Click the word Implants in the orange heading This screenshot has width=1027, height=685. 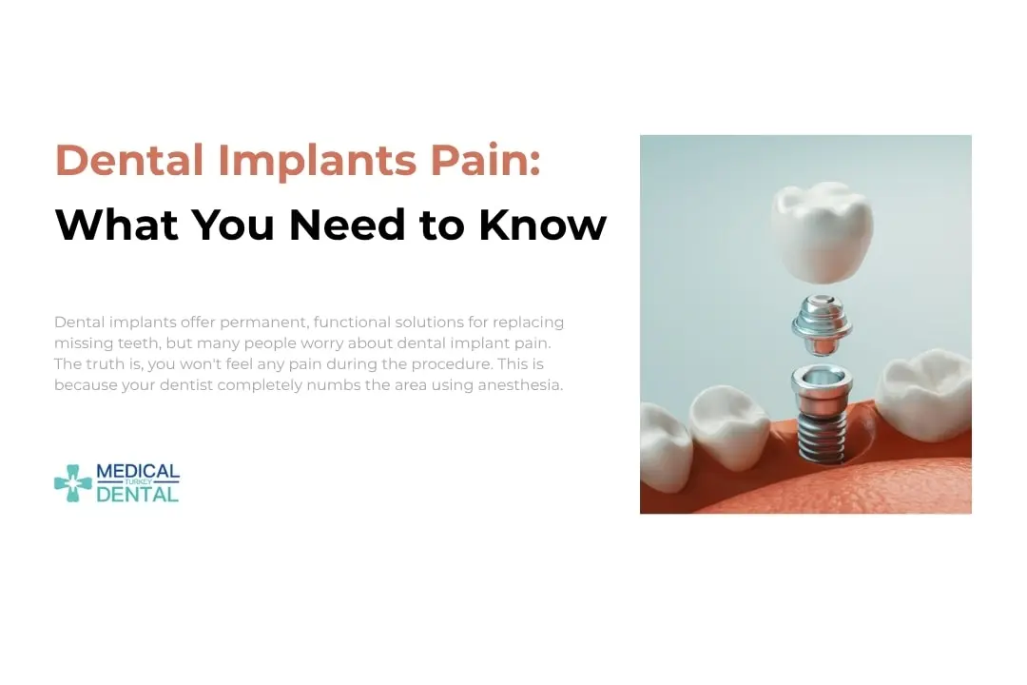click(317, 160)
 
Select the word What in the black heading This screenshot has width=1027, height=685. click(116, 225)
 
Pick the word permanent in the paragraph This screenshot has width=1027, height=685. click(254, 323)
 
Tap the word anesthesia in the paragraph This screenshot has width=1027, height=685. click(520, 385)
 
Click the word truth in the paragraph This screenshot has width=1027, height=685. click(106, 364)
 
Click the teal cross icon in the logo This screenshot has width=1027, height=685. click(72, 483)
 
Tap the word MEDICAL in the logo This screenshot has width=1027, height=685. click(138, 472)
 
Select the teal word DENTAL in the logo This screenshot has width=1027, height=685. click(138, 495)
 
